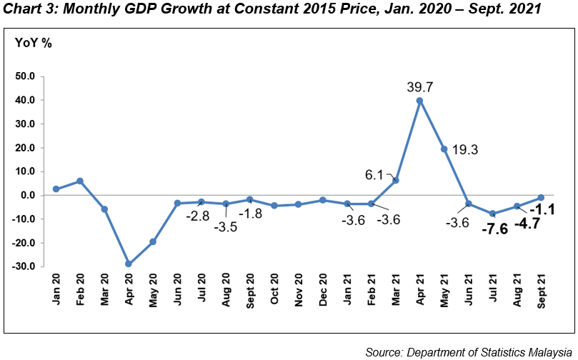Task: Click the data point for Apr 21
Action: tap(419, 101)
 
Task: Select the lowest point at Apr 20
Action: tap(129, 264)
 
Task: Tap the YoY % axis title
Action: tap(34, 42)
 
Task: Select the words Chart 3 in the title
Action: tap(28, 9)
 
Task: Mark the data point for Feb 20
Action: tap(80, 181)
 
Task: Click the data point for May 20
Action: tap(153, 241)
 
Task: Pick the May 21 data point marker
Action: tap(444, 149)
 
